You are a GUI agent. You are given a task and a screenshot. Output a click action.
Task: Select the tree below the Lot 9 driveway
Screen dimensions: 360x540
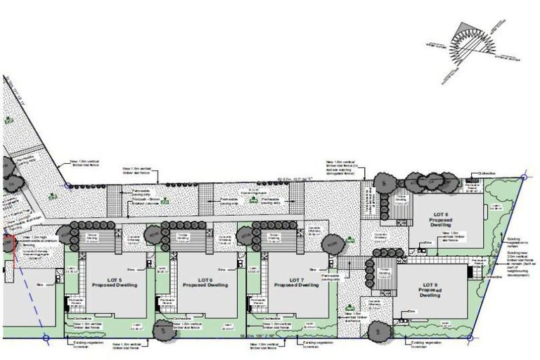378,329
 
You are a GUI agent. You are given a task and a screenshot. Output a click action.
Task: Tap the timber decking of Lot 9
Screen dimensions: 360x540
383,271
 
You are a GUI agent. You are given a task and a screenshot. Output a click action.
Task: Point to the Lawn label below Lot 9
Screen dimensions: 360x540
445,324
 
